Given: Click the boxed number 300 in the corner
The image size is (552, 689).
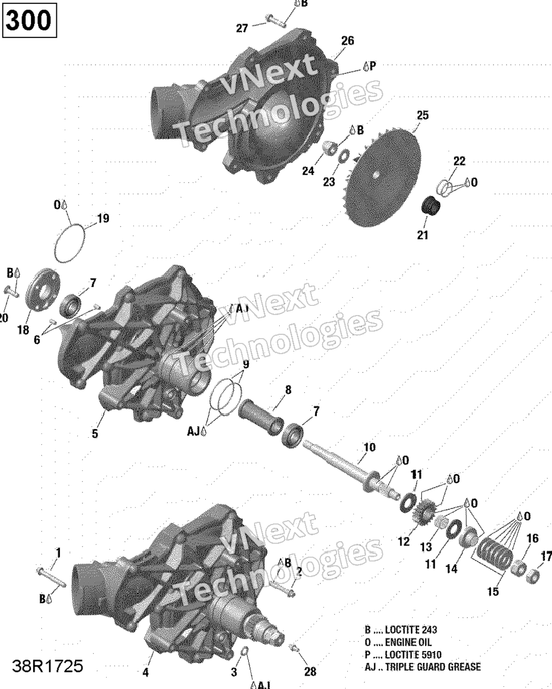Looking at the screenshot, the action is (30, 21).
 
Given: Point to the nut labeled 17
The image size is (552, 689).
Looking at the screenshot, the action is (532, 576).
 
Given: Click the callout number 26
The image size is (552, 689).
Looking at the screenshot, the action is (347, 41).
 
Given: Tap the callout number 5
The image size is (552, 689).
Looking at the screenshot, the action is (95, 434).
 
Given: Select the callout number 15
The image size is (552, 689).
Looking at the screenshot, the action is (493, 591).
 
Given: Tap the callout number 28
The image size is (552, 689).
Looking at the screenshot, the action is (310, 672).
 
